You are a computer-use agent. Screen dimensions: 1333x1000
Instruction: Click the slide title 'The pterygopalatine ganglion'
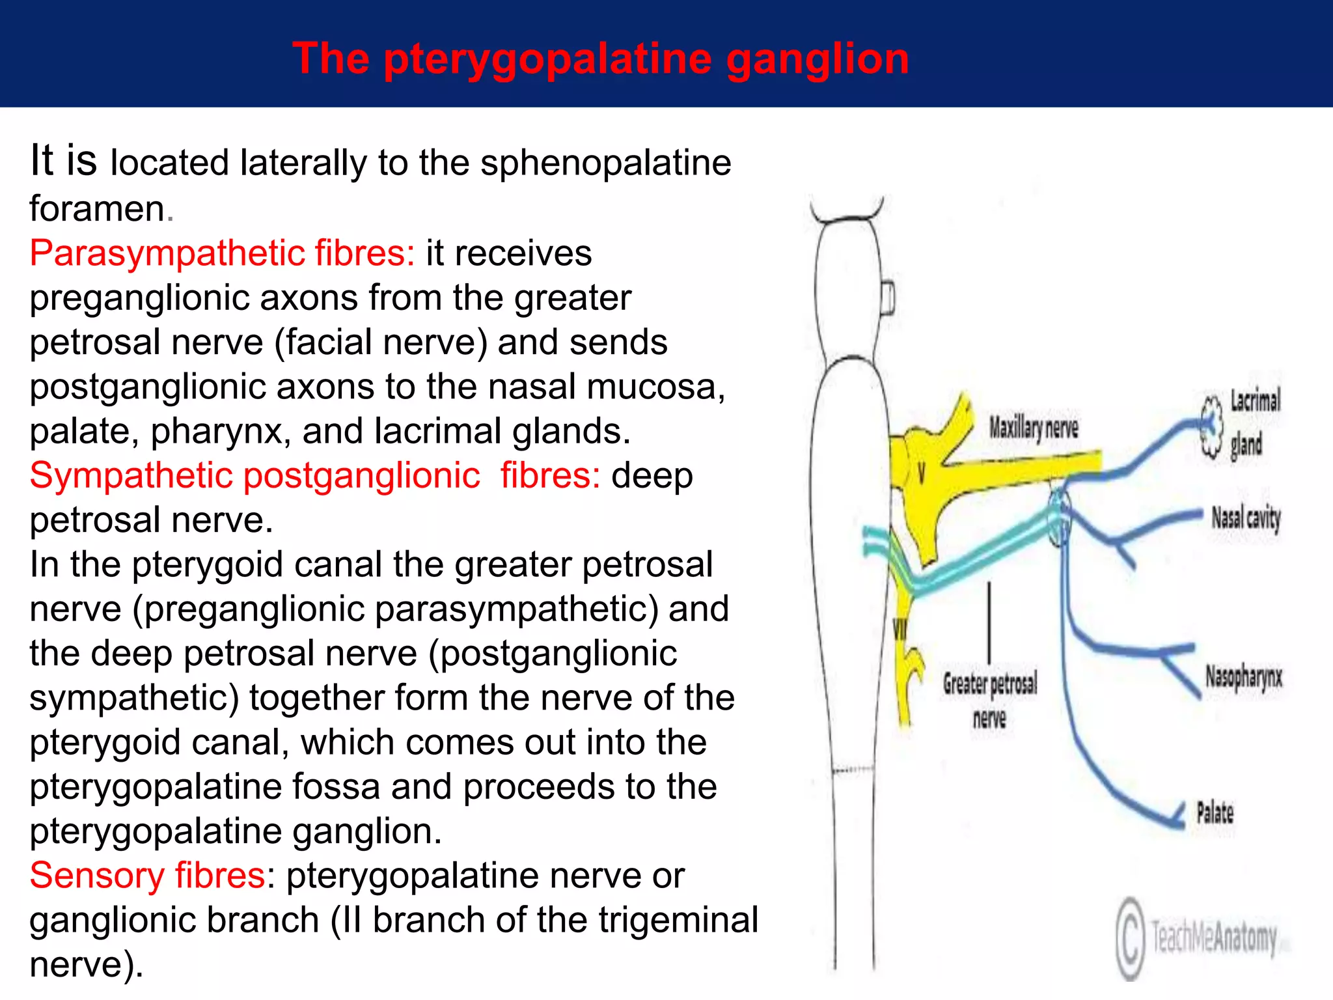[600, 59]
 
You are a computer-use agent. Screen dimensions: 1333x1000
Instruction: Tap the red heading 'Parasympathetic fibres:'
[222, 253]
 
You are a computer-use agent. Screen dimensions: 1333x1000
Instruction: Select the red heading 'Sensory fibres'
[147, 875]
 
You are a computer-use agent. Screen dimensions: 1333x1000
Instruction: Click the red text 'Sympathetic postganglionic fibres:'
[315, 475]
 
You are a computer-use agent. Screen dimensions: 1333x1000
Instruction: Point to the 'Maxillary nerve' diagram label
[1034, 428]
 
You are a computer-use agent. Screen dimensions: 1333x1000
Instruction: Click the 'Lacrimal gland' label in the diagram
[1254, 422]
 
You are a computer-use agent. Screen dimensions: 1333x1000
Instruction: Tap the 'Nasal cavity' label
[1246, 518]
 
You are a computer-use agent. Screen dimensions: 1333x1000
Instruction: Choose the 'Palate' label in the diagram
[1215, 812]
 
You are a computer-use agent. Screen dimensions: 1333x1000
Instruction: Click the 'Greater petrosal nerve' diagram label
[990, 701]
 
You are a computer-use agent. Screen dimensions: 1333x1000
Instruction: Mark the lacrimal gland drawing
[1211, 426]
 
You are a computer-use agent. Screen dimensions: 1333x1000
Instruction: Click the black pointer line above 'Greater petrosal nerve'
[990, 622]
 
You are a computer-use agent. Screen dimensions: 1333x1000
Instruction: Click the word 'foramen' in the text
[97, 208]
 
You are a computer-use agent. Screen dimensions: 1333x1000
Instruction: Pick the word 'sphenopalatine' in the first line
[605, 163]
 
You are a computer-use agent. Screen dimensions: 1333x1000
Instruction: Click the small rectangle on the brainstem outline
[888, 299]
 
